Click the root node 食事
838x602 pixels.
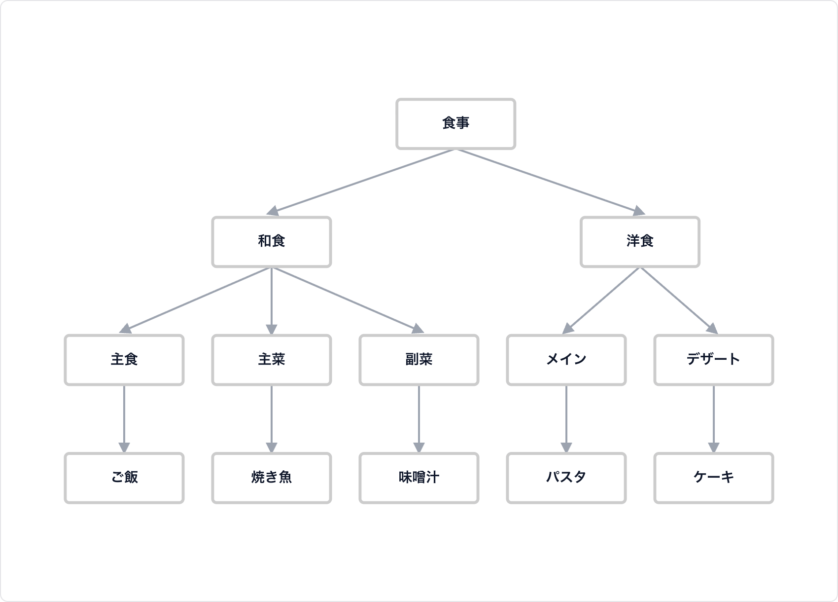coord(455,124)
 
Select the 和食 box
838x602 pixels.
coord(271,242)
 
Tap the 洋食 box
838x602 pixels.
coord(640,242)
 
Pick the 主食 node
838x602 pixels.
coord(124,360)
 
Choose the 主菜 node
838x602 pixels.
coord(271,360)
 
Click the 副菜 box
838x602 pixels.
coord(419,360)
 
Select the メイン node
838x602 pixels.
coord(566,360)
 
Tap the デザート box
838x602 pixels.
coord(713,360)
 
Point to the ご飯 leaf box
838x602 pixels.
coord(124,478)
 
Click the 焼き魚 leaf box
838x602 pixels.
coord(271,478)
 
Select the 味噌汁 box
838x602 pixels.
coord(419,478)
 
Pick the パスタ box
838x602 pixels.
coord(566,478)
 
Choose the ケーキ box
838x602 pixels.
coord(713,478)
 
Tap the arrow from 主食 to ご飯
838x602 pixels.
coord(124,417)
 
